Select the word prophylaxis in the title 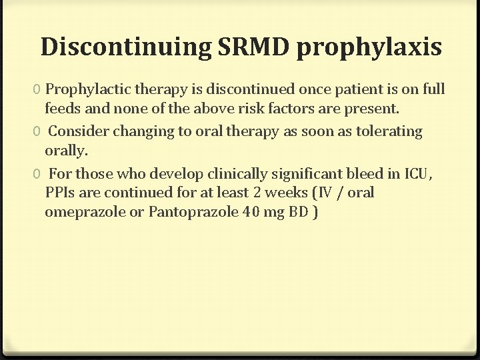369,48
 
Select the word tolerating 388,131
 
